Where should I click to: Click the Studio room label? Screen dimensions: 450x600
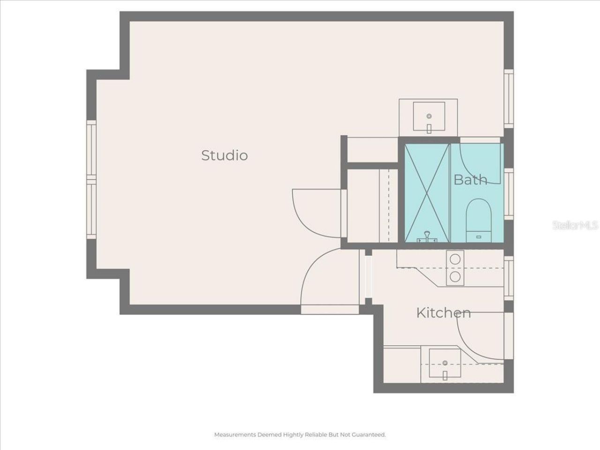tap(224, 155)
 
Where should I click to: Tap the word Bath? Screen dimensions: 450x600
tap(470, 180)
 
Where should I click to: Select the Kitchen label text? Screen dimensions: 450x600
tap(443, 313)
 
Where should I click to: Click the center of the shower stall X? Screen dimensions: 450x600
tap(427, 193)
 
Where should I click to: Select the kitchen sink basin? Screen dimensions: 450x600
tap(445, 364)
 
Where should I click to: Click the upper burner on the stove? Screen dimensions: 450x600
tap(455, 258)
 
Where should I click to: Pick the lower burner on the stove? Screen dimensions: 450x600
tap(455, 277)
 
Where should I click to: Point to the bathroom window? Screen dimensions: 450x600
tap(509, 194)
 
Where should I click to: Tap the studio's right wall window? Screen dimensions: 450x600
tap(509, 98)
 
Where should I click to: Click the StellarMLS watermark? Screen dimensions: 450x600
tap(575, 225)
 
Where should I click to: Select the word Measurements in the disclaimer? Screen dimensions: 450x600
tap(235, 435)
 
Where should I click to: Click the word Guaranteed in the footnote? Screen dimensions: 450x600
tap(369, 435)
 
